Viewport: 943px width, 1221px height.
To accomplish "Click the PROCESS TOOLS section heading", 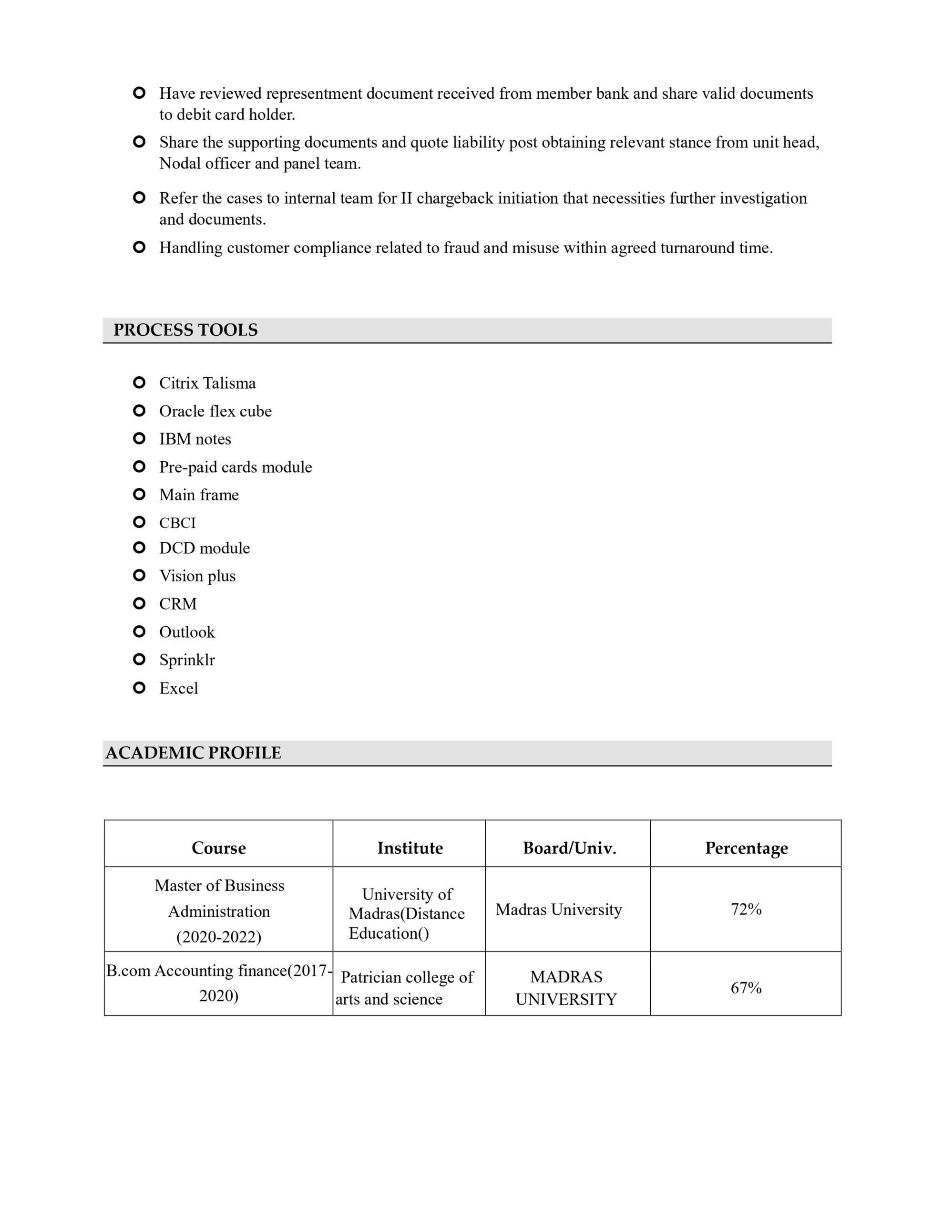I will (185, 330).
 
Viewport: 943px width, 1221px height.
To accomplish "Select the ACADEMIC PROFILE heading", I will (194, 753).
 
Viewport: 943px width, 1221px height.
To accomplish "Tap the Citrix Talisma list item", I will (207, 383).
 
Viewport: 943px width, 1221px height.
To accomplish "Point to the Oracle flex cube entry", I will (215, 411).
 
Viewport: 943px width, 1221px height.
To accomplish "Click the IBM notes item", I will (195, 439).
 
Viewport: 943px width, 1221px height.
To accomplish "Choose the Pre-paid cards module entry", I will (236, 467).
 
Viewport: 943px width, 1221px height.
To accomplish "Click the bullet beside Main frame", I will (139, 494).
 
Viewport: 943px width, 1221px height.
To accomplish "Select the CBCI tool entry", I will (178, 523).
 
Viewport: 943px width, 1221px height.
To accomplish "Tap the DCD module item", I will (205, 548).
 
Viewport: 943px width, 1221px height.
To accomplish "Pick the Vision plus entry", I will (197, 576).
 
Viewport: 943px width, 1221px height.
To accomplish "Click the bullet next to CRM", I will (139, 603).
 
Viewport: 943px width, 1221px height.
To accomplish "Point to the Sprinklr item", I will (187, 660).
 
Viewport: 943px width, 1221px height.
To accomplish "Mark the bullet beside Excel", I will (139, 688).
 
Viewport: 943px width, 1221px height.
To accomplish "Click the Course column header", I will (218, 848).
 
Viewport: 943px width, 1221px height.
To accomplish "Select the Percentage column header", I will (746, 848).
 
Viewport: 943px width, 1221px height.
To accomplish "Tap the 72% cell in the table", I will (746, 910).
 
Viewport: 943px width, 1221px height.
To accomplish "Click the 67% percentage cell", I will (746, 988).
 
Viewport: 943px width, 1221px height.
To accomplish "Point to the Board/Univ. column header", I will (570, 848).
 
